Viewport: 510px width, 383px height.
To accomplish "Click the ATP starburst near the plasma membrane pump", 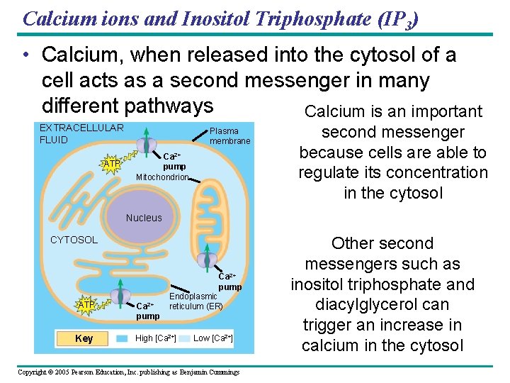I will [112, 165].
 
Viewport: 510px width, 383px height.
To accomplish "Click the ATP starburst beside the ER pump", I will [86, 305].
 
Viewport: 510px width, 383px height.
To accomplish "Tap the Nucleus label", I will [144, 218].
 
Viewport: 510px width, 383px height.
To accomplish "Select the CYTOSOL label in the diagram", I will [74, 240].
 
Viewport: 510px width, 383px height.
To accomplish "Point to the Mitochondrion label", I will [162, 177].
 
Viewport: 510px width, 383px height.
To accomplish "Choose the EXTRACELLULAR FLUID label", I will [81, 133].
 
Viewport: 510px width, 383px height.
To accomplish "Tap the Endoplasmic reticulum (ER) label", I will [196, 301].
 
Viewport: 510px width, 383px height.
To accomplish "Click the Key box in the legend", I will [84, 338].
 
